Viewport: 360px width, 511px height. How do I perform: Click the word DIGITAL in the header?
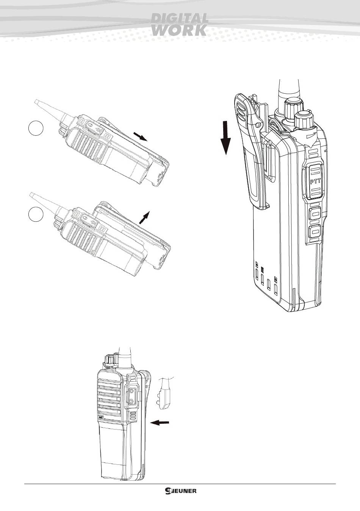coord(180,18)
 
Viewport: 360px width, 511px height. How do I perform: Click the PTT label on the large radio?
coord(316,181)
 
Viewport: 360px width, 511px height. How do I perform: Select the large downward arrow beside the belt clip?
coord(226,138)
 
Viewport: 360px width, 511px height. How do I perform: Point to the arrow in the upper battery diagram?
coord(141,136)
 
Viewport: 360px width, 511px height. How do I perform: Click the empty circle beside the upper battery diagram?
coord(36,129)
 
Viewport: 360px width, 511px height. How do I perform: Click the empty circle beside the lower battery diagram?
coord(36,214)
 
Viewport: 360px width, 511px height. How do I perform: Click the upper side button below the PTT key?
coord(315,214)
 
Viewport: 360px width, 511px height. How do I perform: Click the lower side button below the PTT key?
coord(315,232)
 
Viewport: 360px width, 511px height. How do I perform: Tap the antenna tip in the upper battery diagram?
coord(36,101)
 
